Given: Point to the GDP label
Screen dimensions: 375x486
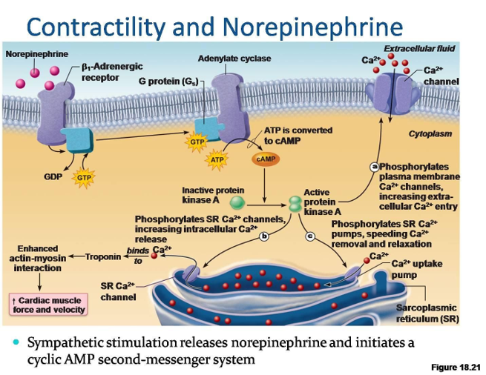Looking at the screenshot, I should (x=52, y=178).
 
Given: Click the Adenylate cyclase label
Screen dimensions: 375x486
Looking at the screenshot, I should (x=234, y=59).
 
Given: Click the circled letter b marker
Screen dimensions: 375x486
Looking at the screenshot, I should (x=263, y=236).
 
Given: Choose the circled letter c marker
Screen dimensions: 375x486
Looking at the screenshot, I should (x=312, y=236).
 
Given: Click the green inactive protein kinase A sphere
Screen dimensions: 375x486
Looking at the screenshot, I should (x=237, y=202).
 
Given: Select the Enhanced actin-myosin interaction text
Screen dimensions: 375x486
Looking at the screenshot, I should (x=37, y=258).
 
